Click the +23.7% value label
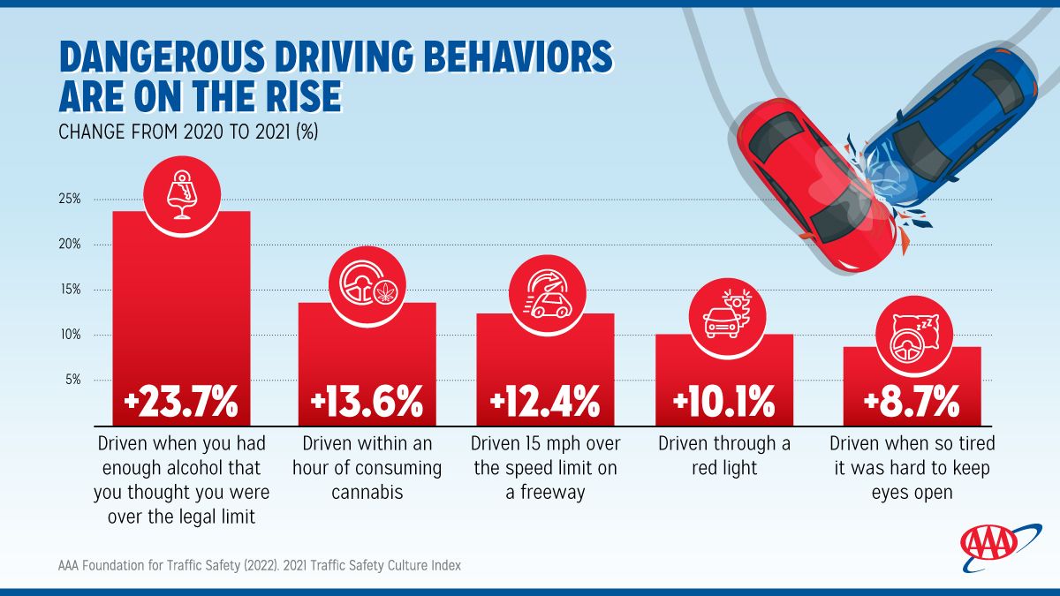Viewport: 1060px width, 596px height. (181, 403)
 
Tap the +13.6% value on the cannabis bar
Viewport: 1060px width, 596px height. (367, 403)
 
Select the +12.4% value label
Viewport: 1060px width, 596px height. (545, 403)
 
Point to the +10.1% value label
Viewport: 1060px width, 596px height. (723, 403)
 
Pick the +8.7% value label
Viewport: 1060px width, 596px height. (911, 403)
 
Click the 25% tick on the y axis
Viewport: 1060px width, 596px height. (70, 199)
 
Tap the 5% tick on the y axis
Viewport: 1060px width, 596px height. (72, 380)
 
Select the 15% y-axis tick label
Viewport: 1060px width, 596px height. (70, 290)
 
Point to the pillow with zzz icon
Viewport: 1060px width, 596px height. (911, 337)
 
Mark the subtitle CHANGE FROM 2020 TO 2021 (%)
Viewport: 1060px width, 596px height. (188, 132)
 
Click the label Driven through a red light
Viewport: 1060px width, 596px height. (724, 455)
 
